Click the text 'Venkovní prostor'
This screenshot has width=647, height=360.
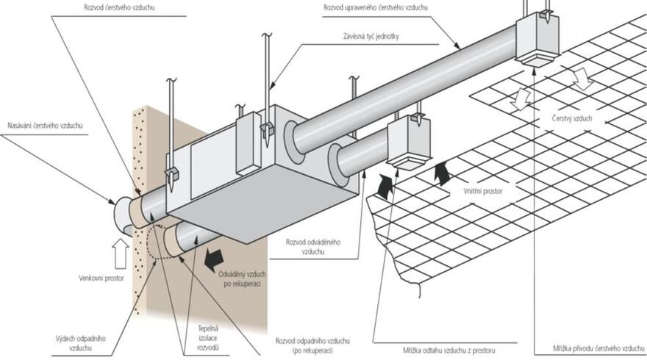pyautogui.click(x=101, y=278)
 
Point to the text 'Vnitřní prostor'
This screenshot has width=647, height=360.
pyautogui.click(x=482, y=190)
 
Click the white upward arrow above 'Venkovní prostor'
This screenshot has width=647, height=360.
pyautogui.click(x=121, y=253)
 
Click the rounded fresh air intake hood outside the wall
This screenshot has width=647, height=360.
pyautogui.click(x=121, y=215)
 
